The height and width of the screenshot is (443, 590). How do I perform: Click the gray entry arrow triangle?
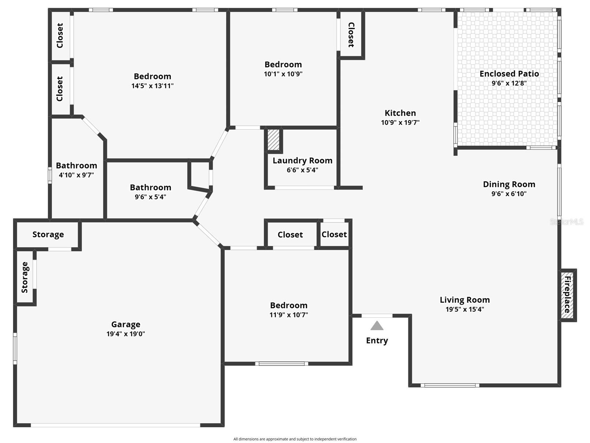click(x=377, y=325)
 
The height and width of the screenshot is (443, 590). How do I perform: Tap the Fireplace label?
click(x=567, y=294)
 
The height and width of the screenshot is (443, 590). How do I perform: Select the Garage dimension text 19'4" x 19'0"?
click(x=125, y=334)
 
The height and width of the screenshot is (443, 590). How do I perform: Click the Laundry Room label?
click(x=302, y=161)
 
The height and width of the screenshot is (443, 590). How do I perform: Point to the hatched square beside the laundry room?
click(x=273, y=140)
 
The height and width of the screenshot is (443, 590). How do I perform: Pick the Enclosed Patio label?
click(x=509, y=74)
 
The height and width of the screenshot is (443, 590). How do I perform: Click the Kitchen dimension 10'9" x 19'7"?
click(x=400, y=122)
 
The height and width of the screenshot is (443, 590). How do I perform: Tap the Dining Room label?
click(x=509, y=185)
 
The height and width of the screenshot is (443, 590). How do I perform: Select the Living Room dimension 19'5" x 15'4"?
click(x=465, y=309)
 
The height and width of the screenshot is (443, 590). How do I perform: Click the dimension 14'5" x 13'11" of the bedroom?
click(x=153, y=86)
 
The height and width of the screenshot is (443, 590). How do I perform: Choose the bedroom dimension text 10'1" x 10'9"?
click(x=283, y=74)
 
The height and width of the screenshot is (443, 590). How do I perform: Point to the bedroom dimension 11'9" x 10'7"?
click(x=289, y=315)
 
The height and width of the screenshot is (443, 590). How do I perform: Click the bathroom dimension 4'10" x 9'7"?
click(x=76, y=175)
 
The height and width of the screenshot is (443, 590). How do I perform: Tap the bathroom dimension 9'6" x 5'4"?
click(x=150, y=197)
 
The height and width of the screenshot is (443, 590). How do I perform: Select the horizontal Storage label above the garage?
click(x=48, y=235)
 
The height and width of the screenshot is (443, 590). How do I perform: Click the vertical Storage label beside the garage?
click(x=25, y=277)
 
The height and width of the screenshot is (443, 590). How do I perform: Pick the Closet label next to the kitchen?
click(x=351, y=35)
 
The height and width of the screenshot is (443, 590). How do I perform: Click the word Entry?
click(x=377, y=340)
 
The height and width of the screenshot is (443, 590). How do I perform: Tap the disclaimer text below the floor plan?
click(x=295, y=439)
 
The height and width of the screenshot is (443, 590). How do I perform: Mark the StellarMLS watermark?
click(x=567, y=222)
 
